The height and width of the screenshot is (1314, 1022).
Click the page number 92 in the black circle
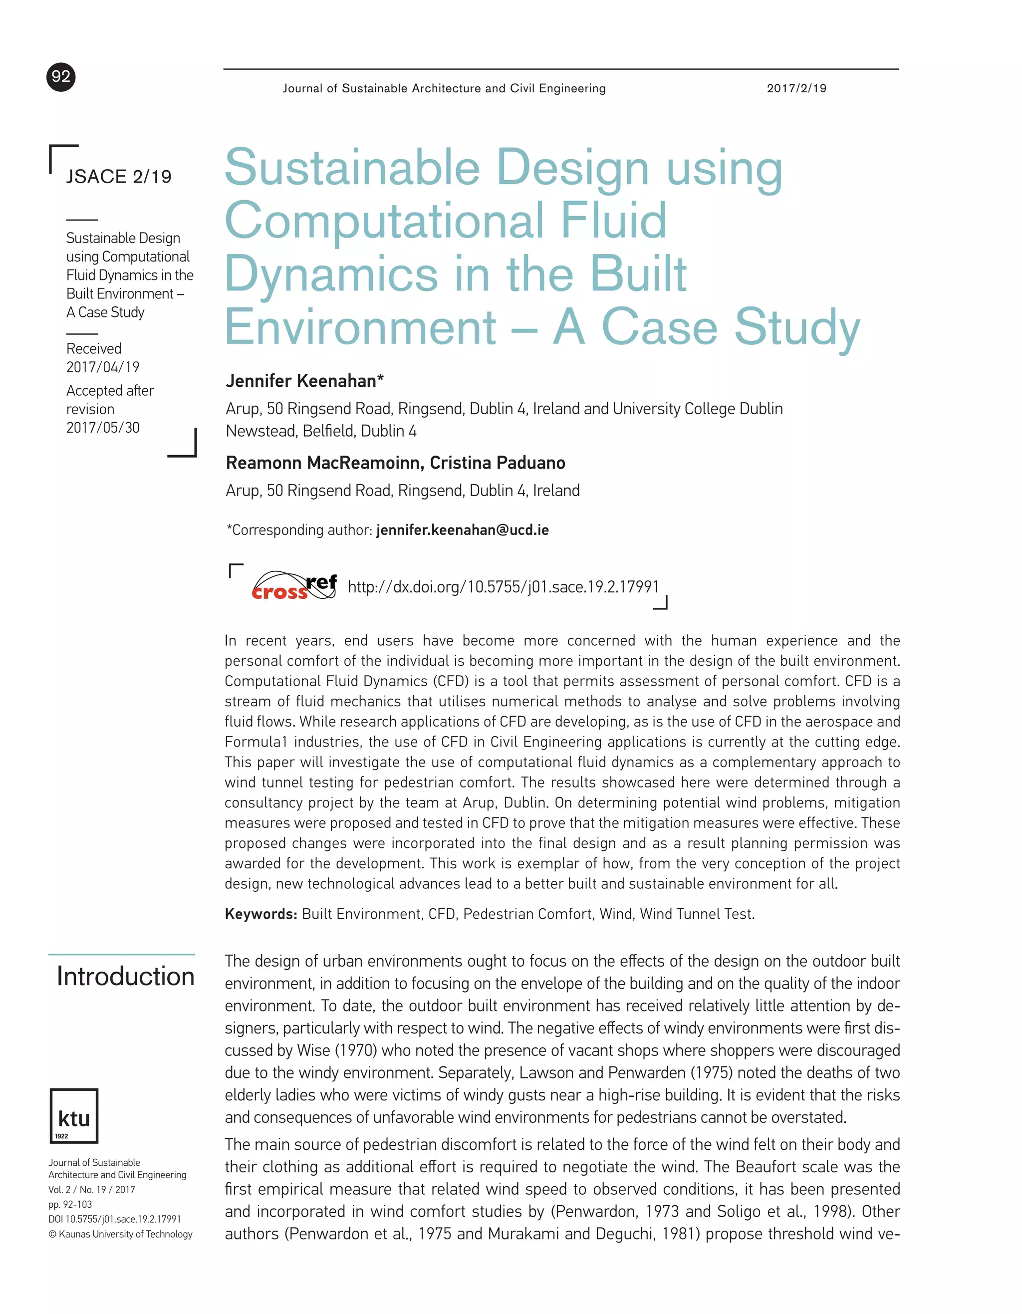pos(61,77)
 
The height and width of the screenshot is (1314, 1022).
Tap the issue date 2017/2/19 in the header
pos(796,88)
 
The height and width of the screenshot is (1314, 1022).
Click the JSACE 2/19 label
pos(118,176)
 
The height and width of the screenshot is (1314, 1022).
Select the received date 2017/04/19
pos(103,367)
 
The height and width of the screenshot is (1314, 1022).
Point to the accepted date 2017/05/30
pos(103,428)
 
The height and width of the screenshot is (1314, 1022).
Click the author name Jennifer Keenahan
pos(304,381)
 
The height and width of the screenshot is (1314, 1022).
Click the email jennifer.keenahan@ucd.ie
pos(462,530)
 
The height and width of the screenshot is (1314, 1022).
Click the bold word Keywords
pos(260,914)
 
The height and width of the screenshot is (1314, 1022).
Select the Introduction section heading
pos(126,976)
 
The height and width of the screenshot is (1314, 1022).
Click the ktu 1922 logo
pos(74,1115)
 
